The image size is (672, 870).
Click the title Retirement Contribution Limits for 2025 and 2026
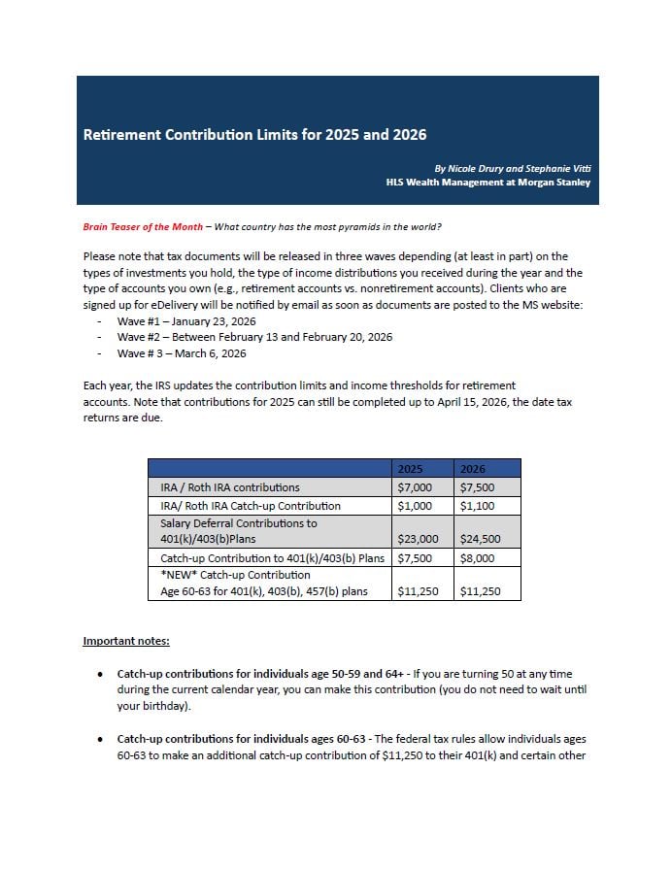(x=254, y=135)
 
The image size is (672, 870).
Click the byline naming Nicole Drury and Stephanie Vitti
(x=512, y=167)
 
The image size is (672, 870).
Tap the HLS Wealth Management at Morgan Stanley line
(x=487, y=182)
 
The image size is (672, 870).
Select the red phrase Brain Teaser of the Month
(x=143, y=227)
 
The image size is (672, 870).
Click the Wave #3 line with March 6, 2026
(x=182, y=353)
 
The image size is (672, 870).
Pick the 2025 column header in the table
(x=410, y=468)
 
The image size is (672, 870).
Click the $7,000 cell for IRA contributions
(x=415, y=487)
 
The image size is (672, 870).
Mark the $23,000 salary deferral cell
(x=418, y=539)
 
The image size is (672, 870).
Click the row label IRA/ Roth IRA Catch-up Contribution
(x=251, y=506)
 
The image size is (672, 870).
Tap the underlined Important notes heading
(x=126, y=641)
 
